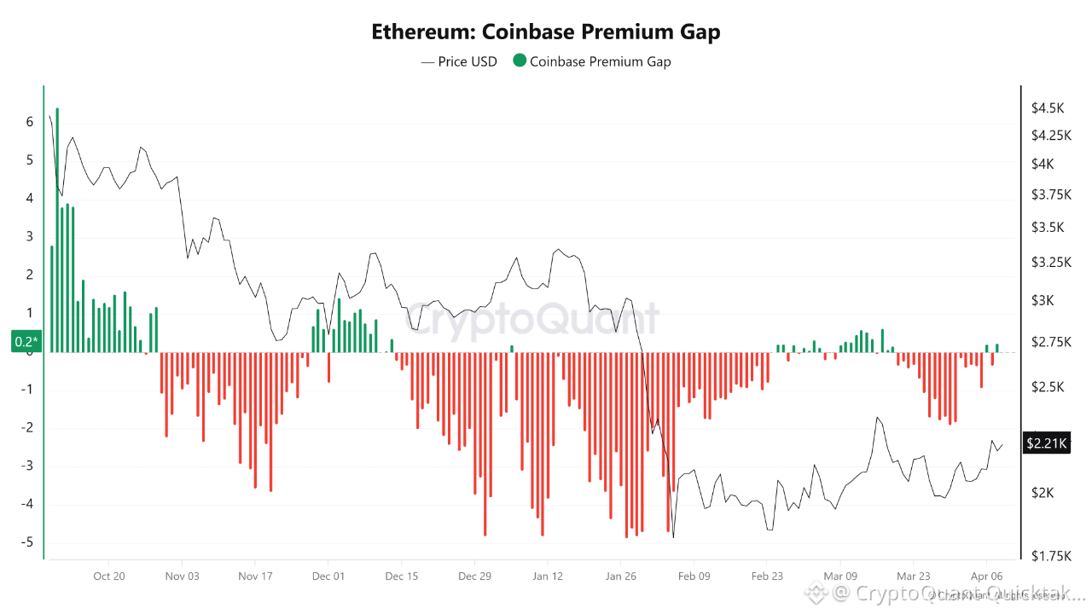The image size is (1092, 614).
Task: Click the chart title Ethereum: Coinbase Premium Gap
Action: [546, 32]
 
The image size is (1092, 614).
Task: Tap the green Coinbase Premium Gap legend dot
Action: [519, 61]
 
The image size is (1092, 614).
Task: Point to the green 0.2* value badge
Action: [26, 342]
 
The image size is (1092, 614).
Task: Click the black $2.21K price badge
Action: [1044, 443]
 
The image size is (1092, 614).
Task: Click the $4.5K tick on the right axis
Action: [1048, 108]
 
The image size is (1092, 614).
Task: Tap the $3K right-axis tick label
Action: [1043, 300]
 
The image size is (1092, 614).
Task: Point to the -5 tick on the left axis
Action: [29, 542]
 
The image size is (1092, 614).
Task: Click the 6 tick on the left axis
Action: [30, 122]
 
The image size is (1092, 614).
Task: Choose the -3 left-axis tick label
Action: [29, 466]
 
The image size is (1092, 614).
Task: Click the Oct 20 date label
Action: [109, 576]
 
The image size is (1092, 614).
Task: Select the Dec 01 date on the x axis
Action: [328, 576]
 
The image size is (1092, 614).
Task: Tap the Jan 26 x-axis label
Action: [621, 576]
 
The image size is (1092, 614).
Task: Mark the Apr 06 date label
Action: [986, 576]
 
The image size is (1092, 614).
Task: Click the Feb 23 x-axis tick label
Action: [767, 576]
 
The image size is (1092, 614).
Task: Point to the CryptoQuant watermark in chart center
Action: [531, 320]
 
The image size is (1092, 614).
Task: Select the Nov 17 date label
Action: [255, 576]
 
